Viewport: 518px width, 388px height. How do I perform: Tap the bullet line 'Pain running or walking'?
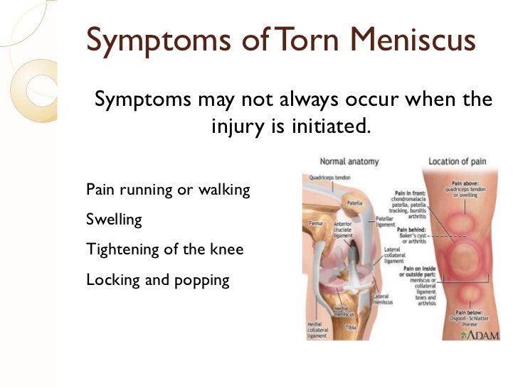click(168, 190)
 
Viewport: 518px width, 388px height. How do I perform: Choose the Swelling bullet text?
click(114, 220)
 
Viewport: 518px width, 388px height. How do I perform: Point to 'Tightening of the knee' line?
click(164, 249)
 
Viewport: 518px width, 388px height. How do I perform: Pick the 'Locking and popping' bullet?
click(158, 279)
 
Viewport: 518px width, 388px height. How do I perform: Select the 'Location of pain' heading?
click(458, 161)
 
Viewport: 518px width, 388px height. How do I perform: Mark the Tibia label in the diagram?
click(351, 328)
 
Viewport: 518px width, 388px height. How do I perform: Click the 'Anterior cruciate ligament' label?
click(344, 232)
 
